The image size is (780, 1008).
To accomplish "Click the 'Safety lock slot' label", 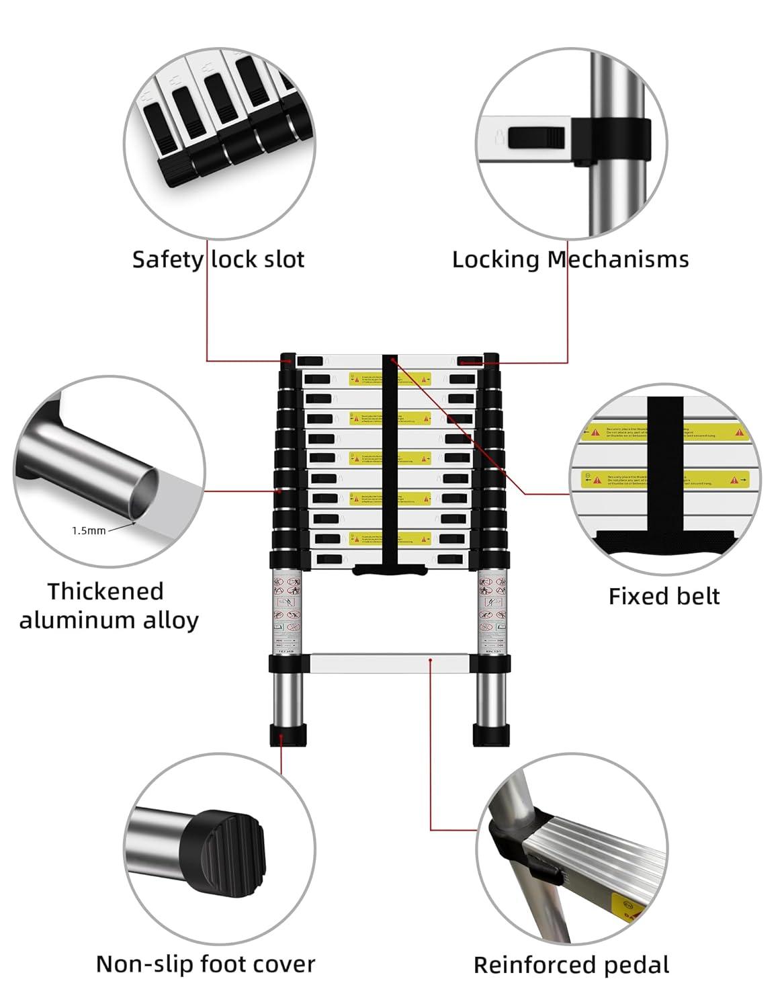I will pyautogui.click(x=218, y=259).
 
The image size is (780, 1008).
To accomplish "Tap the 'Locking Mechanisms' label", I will pyautogui.click(x=570, y=259).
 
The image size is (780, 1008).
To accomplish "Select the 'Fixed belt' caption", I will pyautogui.click(x=664, y=596).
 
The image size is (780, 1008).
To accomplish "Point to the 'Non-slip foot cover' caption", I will pyautogui.click(x=206, y=964).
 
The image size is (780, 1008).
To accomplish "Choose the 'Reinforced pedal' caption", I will pyautogui.click(x=571, y=965).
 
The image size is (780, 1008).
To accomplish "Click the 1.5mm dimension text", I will pyautogui.click(x=89, y=530).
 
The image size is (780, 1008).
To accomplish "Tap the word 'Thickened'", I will pyautogui.click(x=105, y=591).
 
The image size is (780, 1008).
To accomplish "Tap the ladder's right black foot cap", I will pyautogui.click(x=492, y=734).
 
